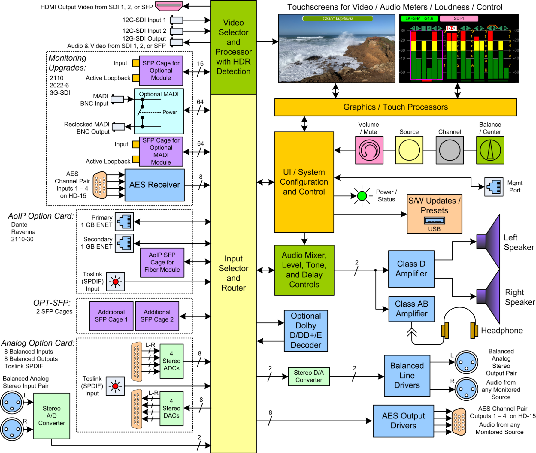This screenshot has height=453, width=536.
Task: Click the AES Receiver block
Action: pos(154,185)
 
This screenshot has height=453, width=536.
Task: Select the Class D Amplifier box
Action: pos(411,269)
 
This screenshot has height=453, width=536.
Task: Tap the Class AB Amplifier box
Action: pos(411,309)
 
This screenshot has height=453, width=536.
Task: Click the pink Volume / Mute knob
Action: pos(369,150)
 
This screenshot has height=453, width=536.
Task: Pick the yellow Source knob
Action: pos(409,150)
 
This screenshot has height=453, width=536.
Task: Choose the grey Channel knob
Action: pos(450,150)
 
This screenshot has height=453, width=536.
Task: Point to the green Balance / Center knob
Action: pos(490,150)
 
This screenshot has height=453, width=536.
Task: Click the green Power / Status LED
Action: pos(362,196)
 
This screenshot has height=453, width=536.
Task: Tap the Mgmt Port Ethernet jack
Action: pos(494,187)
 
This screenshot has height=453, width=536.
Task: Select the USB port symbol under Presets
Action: pos(434,221)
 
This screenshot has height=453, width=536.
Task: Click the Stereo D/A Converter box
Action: pos(309,376)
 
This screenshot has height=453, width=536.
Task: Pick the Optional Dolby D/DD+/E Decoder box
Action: pos(306,331)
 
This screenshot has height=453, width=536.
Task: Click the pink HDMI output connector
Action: pos(169,6)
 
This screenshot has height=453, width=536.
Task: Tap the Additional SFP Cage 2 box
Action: pos(157,316)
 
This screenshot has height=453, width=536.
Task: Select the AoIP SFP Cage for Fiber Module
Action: pos(162,262)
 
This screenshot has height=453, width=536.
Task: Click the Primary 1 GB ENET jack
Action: pos(124,222)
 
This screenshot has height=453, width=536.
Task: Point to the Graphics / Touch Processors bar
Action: pos(395,107)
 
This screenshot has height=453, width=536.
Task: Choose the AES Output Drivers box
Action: pos(403,421)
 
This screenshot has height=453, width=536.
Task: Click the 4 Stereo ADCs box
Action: pos(171,361)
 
